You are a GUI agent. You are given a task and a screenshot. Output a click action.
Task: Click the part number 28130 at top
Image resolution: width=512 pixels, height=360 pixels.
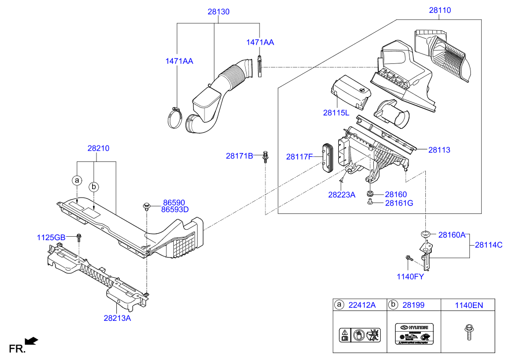click(x=218, y=11)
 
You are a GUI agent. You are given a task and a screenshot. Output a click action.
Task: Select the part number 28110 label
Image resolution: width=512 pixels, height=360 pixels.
click(x=440, y=10)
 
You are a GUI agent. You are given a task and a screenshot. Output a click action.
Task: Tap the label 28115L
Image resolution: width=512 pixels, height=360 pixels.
click(x=336, y=113)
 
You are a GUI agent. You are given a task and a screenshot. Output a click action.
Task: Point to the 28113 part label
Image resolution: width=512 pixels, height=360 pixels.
click(x=439, y=150)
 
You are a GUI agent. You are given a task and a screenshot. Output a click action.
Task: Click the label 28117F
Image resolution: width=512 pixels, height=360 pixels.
click(x=299, y=157)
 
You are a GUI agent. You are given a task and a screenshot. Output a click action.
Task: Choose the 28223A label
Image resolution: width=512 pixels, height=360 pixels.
click(x=342, y=195)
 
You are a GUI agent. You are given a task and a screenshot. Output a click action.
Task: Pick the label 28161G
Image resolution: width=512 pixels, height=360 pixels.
click(x=399, y=203)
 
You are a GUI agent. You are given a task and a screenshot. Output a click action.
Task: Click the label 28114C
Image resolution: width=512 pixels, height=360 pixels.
click(x=489, y=245)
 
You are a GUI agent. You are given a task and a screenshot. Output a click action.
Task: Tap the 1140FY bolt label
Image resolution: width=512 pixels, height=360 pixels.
click(x=410, y=276)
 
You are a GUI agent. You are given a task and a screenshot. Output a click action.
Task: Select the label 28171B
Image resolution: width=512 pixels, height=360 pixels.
click(x=239, y=156)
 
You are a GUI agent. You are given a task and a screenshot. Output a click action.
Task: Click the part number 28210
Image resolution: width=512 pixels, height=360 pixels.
click(x=99, y=148)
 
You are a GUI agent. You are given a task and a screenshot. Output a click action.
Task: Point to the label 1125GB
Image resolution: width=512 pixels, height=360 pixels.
click(x=51, y=238)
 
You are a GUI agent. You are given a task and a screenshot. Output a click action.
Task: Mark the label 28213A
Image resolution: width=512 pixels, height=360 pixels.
click(x=117, y=318)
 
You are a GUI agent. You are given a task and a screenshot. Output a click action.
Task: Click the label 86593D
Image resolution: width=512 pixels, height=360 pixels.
click(x=175, y=210)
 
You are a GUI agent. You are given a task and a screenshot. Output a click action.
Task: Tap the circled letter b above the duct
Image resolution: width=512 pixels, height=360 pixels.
click(x=94, y=187)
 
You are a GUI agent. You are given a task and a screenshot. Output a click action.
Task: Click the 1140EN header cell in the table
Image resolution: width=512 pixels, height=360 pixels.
click(x=468, y=305)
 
